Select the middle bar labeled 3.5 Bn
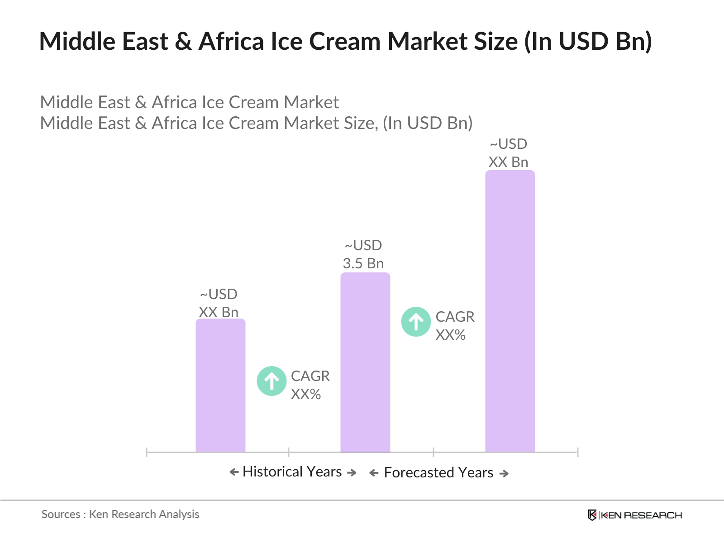(x=365, y=362)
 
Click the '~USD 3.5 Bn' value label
(x=363, y=255)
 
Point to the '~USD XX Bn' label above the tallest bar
(x=509, y=153)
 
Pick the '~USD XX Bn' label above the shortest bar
(x=219, y=304)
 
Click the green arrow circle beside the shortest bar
(x=271, y=381)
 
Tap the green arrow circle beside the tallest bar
(x=416, y=322)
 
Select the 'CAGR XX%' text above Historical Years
(x=310, y=385)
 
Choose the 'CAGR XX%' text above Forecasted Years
(x=455, y=326)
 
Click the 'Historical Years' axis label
(x=292, y=472)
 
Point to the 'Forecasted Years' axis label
(x=438, y=473)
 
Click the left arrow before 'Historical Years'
(x=234, y=472)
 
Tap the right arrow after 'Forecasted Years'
(x=504, y=474)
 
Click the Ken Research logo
(x=634, y=515)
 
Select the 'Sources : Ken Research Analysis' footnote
(x=120, y=514)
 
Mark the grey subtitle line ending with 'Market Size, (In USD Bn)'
(x=256, y=123)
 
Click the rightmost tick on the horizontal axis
(x=578, y=452)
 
